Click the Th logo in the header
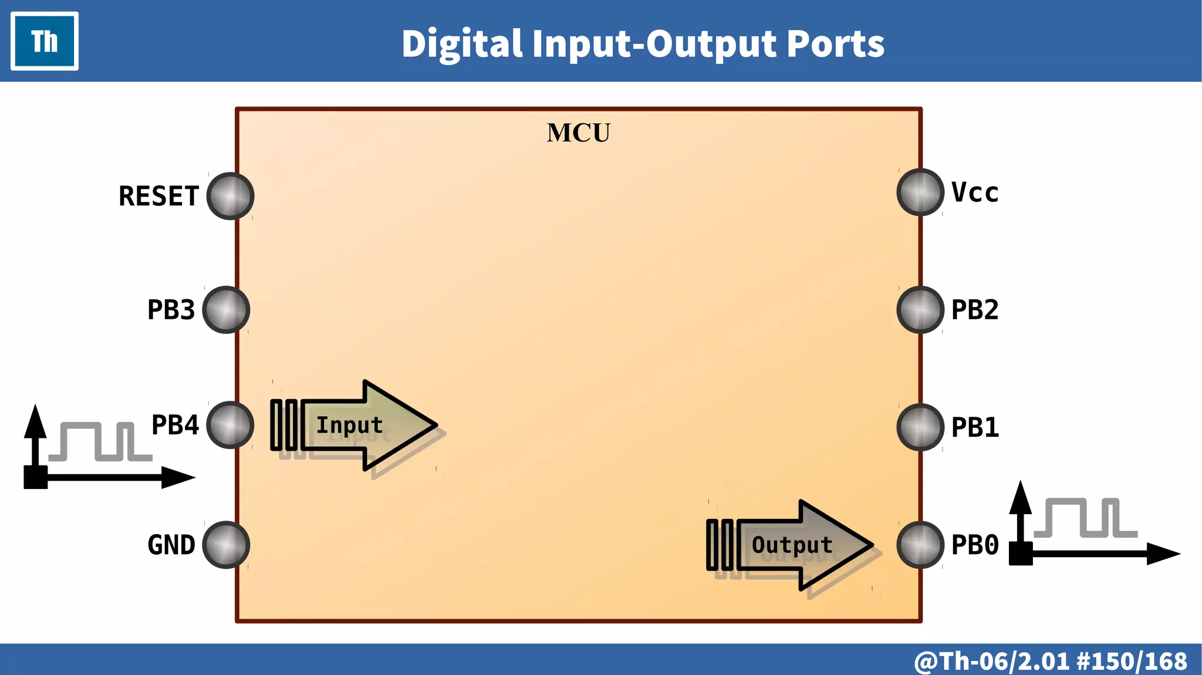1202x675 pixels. (x=45, y=41)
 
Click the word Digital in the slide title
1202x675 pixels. (x=462, y=44)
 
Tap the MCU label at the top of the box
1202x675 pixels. (x=578, y=133)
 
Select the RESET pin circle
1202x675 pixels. (x=230, y=196)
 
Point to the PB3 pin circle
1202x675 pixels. (x=226, y=310)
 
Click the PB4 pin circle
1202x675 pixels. (x=230, y=425)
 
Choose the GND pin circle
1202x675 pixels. (x=226, y=545)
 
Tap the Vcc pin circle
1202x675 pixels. (x=920, y=192)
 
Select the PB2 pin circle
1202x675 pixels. (x=920, y=310)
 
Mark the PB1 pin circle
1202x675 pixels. (x=920, y=427)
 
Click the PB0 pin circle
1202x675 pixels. (x=920, y=545)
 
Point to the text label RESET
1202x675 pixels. (x=158, y=196)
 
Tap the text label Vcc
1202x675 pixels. (x=975, y=193)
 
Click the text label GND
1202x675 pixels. (x=171, y=545)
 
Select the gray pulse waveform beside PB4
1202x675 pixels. (x=100, y=441)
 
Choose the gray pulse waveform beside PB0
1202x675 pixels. (x=1086, y=518)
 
